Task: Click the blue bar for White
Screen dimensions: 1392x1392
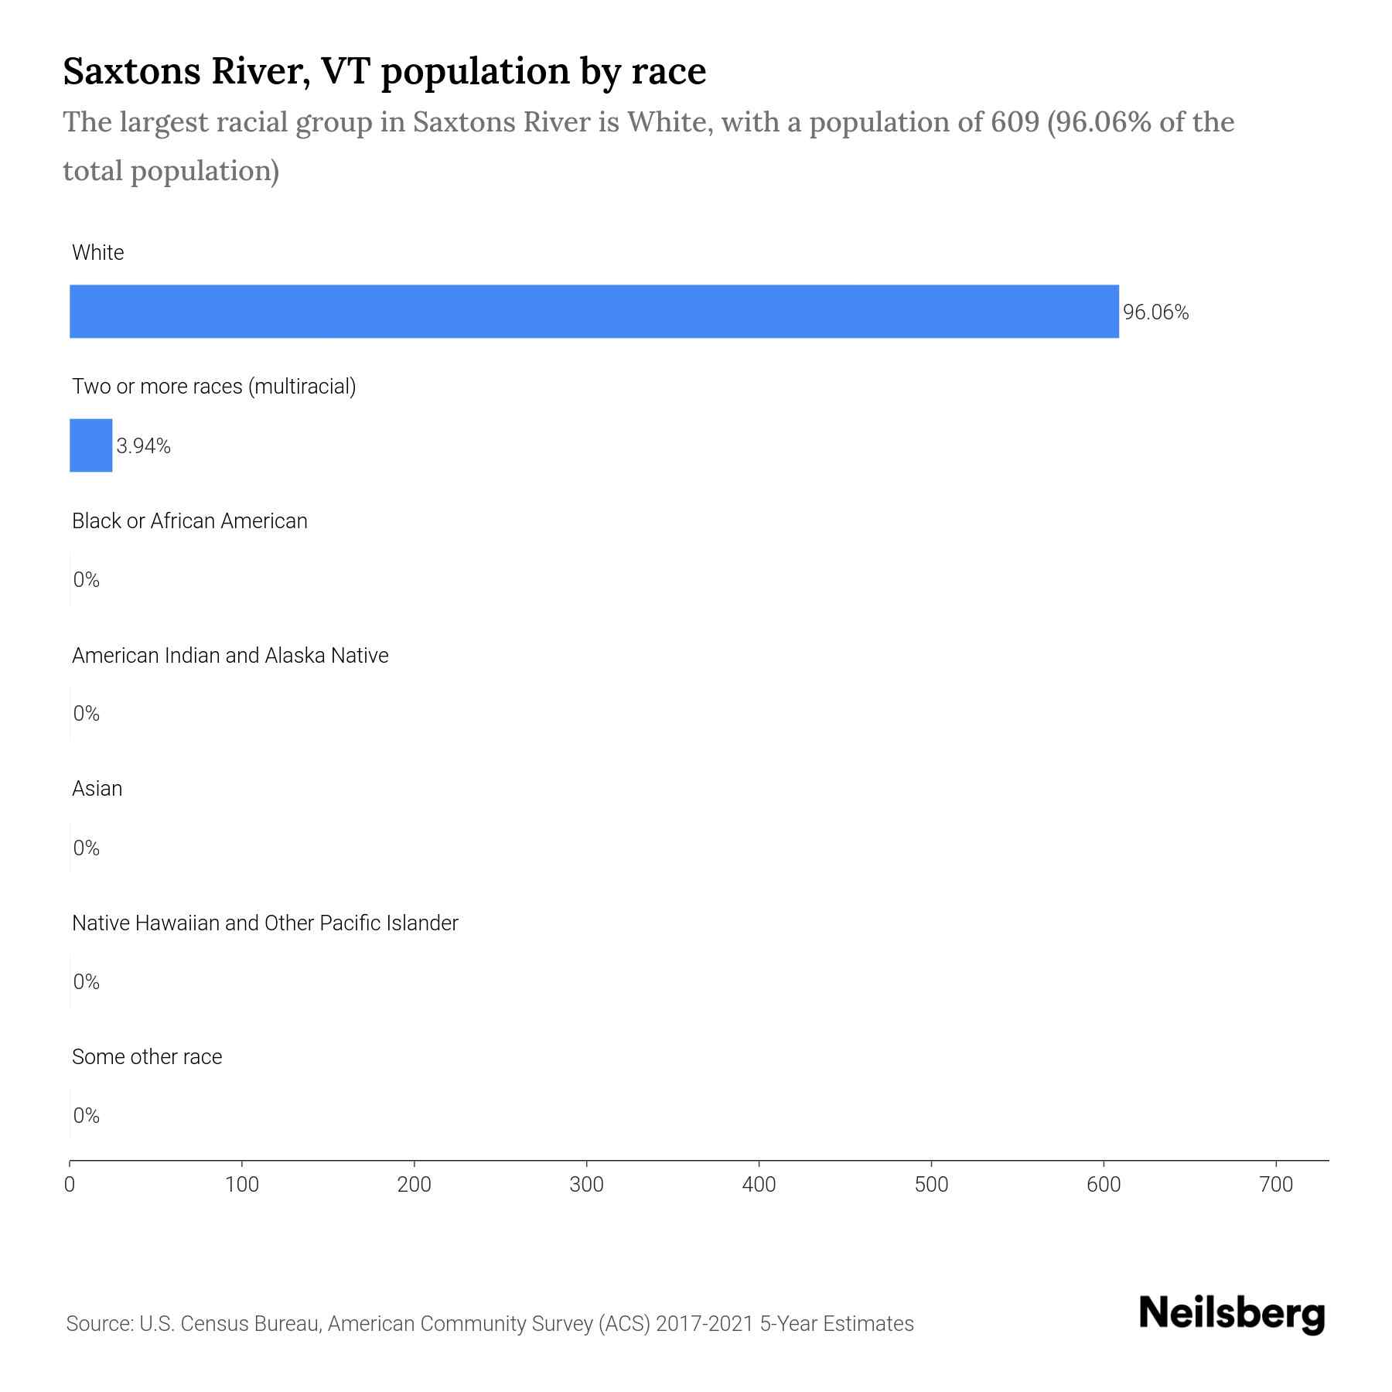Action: coord(594,311)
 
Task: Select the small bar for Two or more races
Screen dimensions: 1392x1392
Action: coord(90,445)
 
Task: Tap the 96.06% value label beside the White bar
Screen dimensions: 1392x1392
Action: coord(1155,312)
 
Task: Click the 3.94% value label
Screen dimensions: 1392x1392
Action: coord(143,446)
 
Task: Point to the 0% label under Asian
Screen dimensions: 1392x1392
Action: coord(86,848)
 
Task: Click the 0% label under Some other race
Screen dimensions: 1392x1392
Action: coord(86,1115)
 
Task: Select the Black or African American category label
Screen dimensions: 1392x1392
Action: coord(189,521)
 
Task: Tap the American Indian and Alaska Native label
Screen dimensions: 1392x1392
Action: coord(230,656)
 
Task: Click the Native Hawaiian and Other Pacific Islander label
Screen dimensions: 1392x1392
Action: coord(264,923)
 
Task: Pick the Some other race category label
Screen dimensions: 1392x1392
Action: coord(147,1057)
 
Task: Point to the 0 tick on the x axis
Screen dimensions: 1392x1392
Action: coord(70,1185)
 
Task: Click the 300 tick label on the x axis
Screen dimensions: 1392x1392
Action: coord(586,1185)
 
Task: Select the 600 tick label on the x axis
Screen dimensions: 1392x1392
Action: coord(1104,1185)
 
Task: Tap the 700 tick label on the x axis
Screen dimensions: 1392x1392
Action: coord(1276,1185)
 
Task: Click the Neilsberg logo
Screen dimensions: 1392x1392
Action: coord(1232,1314)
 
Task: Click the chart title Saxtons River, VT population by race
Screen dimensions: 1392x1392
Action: coord(384,71)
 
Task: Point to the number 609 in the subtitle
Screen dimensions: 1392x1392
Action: coord(1015,122)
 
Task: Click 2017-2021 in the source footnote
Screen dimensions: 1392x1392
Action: coord(704,1324)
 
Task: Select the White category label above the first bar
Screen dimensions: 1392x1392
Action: coord(97,253)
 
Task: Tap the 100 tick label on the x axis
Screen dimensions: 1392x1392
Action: coord(242,1185)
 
